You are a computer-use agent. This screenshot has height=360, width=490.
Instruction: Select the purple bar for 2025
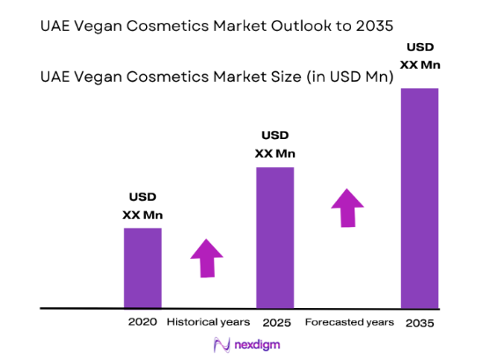point(274,237)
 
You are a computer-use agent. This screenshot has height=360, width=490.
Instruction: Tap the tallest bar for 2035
point(420,197)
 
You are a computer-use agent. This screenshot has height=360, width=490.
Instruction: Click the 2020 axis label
point(142,322)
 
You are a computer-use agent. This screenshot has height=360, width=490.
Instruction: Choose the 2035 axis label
point(420,322)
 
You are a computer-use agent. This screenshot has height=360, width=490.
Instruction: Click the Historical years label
point(208,322)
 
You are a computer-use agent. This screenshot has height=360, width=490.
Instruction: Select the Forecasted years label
point(348,322)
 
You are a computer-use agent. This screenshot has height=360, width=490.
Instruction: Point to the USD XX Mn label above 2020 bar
point(143,206)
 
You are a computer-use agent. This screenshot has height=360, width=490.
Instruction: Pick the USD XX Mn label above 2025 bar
point(274,144)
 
